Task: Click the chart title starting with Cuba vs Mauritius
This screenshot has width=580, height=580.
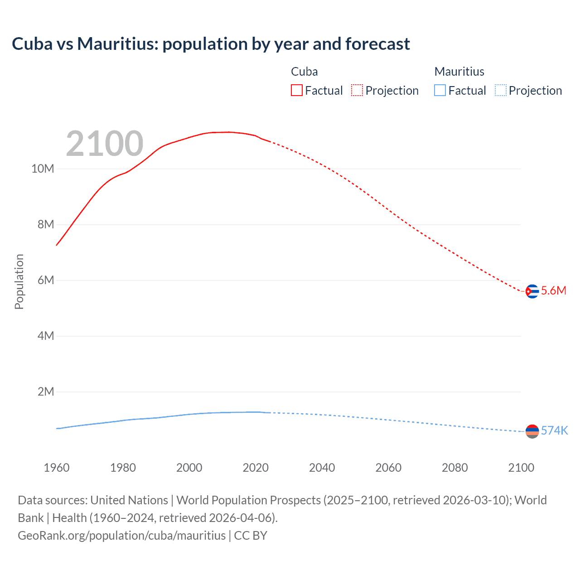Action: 211,44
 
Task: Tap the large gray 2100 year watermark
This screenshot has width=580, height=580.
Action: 105,144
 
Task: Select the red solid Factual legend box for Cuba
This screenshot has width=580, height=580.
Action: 296,90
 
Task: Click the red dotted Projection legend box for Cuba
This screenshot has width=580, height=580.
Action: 357,90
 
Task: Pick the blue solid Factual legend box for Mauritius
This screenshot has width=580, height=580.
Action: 440,90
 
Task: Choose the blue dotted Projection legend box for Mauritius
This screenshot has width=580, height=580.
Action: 500,90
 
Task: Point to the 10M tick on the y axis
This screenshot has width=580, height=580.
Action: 43,169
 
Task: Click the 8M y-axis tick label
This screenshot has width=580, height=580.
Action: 45,225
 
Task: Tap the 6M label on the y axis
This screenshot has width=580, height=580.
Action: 45,280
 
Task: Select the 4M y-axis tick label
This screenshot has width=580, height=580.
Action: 45,336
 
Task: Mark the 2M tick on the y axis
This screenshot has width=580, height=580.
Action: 45,392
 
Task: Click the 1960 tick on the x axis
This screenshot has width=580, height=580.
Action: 57,468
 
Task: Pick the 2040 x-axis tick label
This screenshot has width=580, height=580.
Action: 322,468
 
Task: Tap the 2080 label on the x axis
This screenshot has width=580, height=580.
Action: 454,468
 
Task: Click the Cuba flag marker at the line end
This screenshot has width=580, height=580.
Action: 532,291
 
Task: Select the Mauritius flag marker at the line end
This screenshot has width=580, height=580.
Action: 532,431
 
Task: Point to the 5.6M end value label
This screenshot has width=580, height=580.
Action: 554,291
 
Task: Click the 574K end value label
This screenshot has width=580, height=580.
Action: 554,430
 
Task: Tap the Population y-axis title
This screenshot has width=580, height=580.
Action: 19,281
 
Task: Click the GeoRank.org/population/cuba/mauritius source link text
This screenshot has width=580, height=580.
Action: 121,536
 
